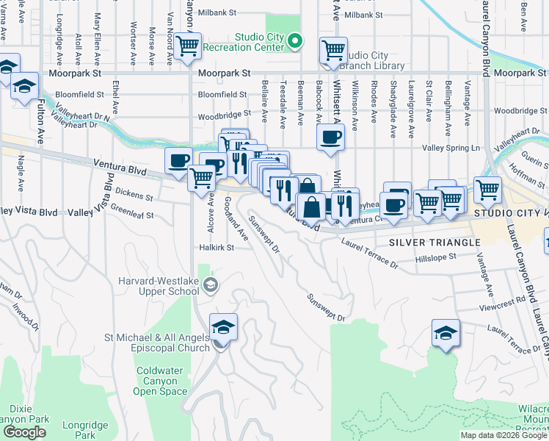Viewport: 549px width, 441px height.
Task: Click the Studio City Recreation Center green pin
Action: click(295, 41)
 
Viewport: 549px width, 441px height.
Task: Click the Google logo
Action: click(25, 432)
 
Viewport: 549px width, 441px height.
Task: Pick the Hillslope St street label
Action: click(435, 257)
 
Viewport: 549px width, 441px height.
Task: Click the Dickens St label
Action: click(133, 197)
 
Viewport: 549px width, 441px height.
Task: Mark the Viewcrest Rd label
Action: click(506, 300)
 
